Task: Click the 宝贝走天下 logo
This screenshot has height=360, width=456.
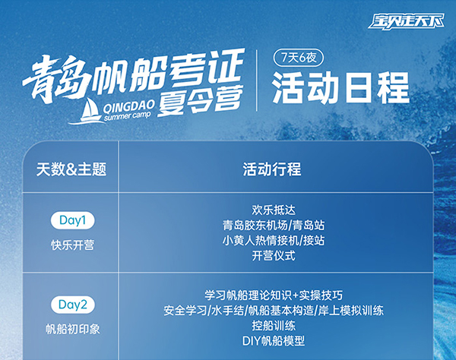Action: (406, 21)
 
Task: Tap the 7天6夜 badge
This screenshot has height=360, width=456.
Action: (299, 58)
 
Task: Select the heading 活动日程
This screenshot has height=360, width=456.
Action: (340, 88)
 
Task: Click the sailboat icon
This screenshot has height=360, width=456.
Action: (87, 111)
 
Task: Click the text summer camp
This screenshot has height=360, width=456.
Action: (128, 115)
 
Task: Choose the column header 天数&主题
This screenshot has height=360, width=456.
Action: (71, 169)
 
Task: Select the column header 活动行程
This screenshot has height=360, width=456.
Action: (272, 169)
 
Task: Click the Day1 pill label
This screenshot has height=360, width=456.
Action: (72, 220)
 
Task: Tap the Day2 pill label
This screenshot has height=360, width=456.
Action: (73, 305)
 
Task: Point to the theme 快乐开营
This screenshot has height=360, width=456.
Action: (72, 245)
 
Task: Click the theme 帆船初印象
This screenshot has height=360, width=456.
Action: (73, 329)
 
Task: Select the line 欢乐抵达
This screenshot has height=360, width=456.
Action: (274, 210)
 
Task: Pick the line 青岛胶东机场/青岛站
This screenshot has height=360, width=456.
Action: (274, 225)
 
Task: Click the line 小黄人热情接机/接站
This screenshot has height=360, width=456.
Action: (274, 240)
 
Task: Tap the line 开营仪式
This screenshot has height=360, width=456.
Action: (274, 256)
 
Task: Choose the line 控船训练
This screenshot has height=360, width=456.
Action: (274, 326)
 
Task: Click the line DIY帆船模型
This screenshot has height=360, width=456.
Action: (274, 341)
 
